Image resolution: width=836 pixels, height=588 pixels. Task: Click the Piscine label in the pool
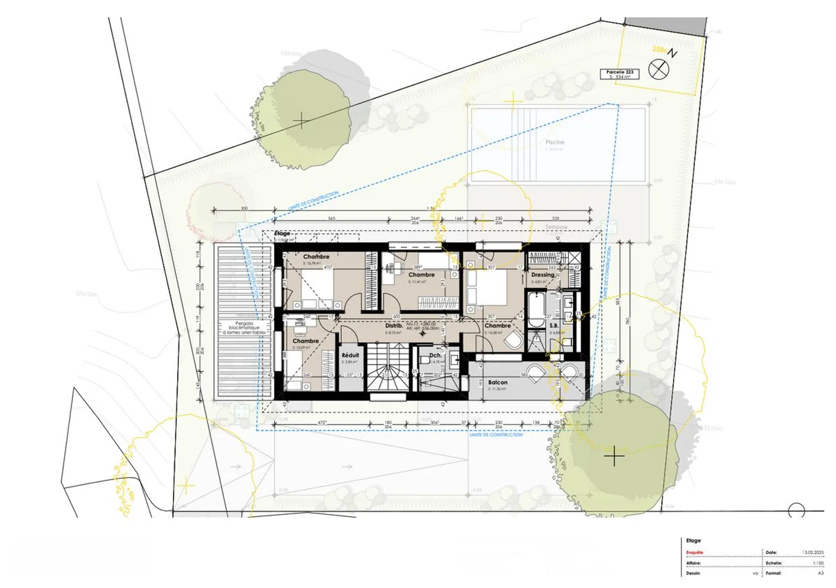(554, 142)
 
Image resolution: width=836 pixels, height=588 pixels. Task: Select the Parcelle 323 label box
(619, 74)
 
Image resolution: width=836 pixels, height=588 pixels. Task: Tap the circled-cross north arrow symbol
(658, 70)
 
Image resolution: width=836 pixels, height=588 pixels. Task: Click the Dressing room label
(542, 275)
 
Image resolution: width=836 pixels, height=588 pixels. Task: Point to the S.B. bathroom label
(554, 326)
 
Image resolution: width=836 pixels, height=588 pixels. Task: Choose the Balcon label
(498, 382)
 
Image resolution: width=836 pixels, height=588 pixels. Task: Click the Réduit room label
(350, 355)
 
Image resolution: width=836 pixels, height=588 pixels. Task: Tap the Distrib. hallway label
(394, 326)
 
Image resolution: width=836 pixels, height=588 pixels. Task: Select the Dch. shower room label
(435, 355)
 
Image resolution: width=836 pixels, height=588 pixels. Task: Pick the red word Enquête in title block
(694, 553)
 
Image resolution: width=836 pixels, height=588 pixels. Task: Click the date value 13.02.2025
(813, 553)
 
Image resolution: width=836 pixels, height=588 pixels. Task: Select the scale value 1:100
(818, 563)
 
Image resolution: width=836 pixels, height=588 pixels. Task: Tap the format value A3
(820, 573)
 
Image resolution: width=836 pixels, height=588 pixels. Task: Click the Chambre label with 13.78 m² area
(316, 256)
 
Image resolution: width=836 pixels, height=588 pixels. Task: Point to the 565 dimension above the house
(331, 218)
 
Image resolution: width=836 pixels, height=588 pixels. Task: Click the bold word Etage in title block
(693, 540)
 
